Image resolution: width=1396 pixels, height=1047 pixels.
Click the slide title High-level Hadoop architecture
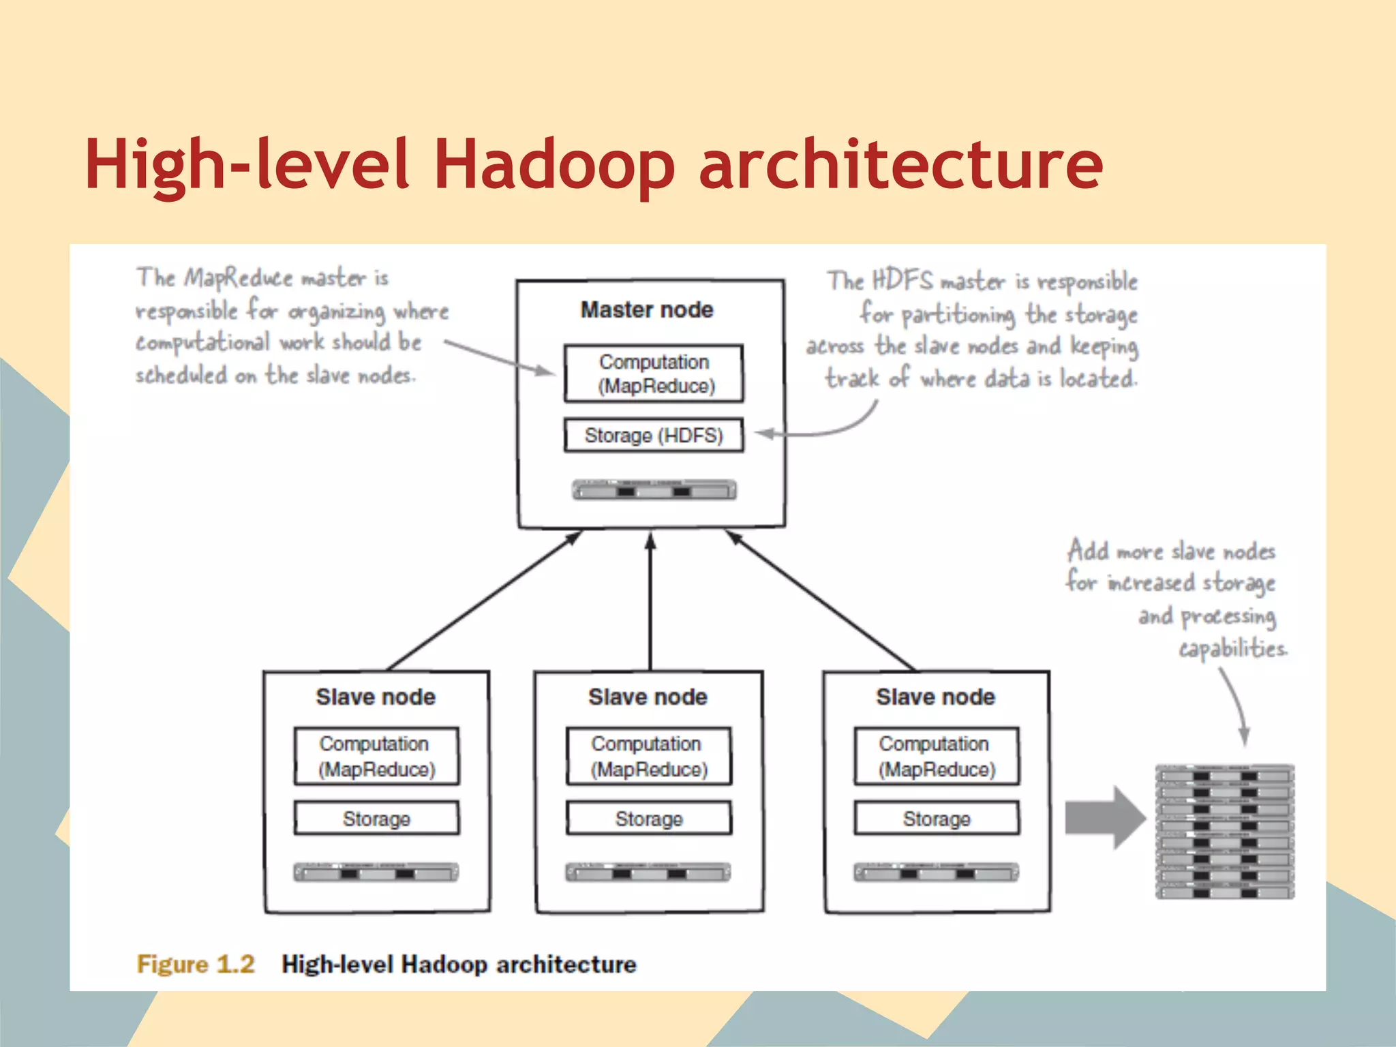click(x=593, y=165)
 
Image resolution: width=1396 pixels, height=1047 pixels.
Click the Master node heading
click(x=647, y=310)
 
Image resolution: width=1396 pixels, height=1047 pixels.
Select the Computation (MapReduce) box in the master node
click(x=654, y=374)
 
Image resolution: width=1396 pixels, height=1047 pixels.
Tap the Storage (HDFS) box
click(x=654, y=436)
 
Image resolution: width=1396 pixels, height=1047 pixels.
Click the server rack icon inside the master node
click(x=654, y=490)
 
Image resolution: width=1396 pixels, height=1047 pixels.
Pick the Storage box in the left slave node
click(x=376, y=818)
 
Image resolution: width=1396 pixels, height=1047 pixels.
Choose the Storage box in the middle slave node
click(x=649, y=818)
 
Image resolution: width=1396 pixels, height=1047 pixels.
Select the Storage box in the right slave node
click(x=937, y=818)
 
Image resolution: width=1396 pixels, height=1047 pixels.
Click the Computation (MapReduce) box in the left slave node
click(x=376, y=757)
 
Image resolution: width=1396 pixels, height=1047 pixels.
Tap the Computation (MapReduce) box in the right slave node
click(x=937, y=757)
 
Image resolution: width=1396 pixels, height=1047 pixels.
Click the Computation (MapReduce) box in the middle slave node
click(x=649, y=757)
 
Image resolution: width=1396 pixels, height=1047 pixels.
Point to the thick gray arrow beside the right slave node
click(x=1104, y=817)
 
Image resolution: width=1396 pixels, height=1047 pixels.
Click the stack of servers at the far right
click(x=1224, y=832)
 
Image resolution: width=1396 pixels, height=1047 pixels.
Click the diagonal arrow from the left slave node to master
click(x=484, y=600)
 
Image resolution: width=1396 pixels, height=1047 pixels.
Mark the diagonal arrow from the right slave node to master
click(x=821, y=600)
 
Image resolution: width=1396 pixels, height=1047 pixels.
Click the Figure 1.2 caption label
click(x=196, y=965)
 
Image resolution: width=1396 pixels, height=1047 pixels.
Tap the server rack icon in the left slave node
click(x=376, y=872)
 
